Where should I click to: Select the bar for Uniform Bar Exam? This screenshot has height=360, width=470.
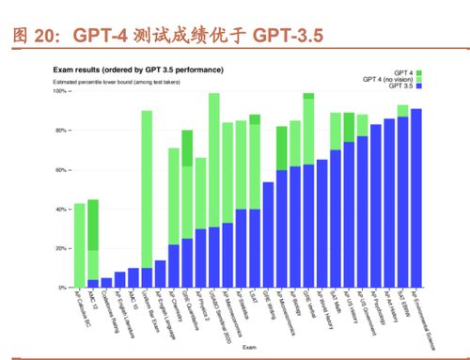click(147, 197)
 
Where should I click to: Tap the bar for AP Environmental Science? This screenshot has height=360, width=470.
click(415, 197)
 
